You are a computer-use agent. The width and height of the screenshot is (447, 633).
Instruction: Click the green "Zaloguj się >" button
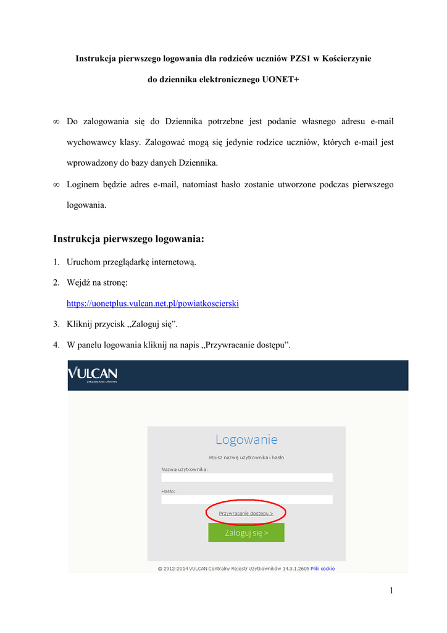(x=246, y=532)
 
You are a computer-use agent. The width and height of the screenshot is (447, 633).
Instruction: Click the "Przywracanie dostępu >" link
(x=246, y=513)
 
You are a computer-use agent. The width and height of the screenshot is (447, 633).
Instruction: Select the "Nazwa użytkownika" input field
(x=246, y=477)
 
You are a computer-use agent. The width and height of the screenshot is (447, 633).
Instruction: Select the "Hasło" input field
(x=246, y=499)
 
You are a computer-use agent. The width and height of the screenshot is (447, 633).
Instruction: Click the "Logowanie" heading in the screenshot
(x=246, y=440)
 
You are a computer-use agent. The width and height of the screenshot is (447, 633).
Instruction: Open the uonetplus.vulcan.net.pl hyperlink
(x=152, y=304)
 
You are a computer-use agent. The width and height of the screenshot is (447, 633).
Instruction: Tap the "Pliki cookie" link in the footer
(x=322, y=569)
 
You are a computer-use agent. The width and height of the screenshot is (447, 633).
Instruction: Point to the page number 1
(x=391, y=590)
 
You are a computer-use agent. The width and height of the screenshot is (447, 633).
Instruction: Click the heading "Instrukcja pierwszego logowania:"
(x=128, y=238)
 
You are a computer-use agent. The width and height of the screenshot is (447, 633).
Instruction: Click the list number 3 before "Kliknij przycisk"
(x=56, y=324)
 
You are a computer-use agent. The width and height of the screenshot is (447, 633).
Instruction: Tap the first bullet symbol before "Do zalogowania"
(x=56, y=122)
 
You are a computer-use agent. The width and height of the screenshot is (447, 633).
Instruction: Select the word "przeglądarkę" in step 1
(x=130, y=262)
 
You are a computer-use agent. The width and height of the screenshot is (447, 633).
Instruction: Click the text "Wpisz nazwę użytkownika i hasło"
(x=246, y=457)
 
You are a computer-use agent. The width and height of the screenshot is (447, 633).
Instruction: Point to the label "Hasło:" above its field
(x=169, y=491)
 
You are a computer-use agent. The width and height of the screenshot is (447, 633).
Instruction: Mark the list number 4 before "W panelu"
(x=56, y=344)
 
